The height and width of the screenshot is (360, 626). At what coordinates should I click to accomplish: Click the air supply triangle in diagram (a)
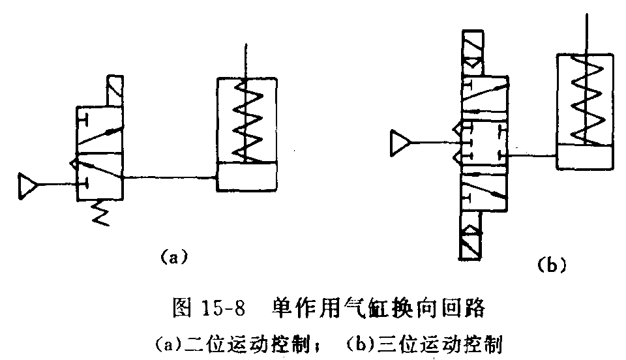click(28, 185)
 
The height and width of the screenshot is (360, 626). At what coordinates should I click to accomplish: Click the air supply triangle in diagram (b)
click(399, 143)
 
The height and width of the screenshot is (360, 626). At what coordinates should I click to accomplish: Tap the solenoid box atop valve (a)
click(114, 90)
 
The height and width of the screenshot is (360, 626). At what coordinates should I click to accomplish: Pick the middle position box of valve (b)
click(483, 142)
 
